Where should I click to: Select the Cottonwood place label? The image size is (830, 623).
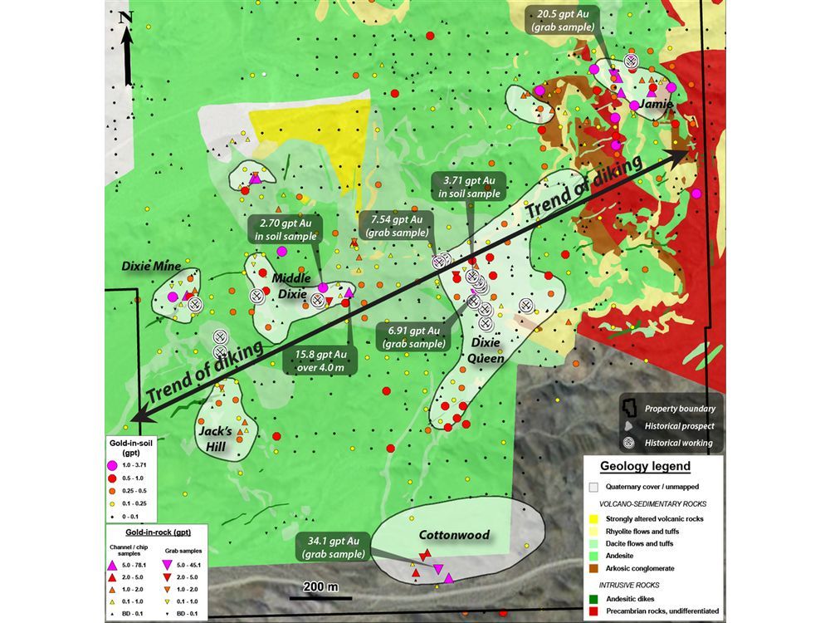tap(454, 535)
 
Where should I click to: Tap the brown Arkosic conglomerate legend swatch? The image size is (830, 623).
tap(593, 568)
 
